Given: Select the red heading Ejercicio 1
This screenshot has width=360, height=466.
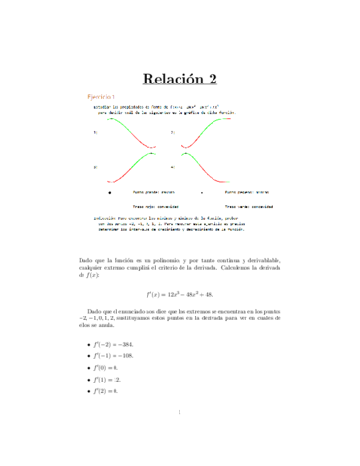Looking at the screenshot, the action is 101,98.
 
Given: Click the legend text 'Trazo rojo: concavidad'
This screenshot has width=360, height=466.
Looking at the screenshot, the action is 146,207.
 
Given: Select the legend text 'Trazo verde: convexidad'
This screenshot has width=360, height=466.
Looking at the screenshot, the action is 249,207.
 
